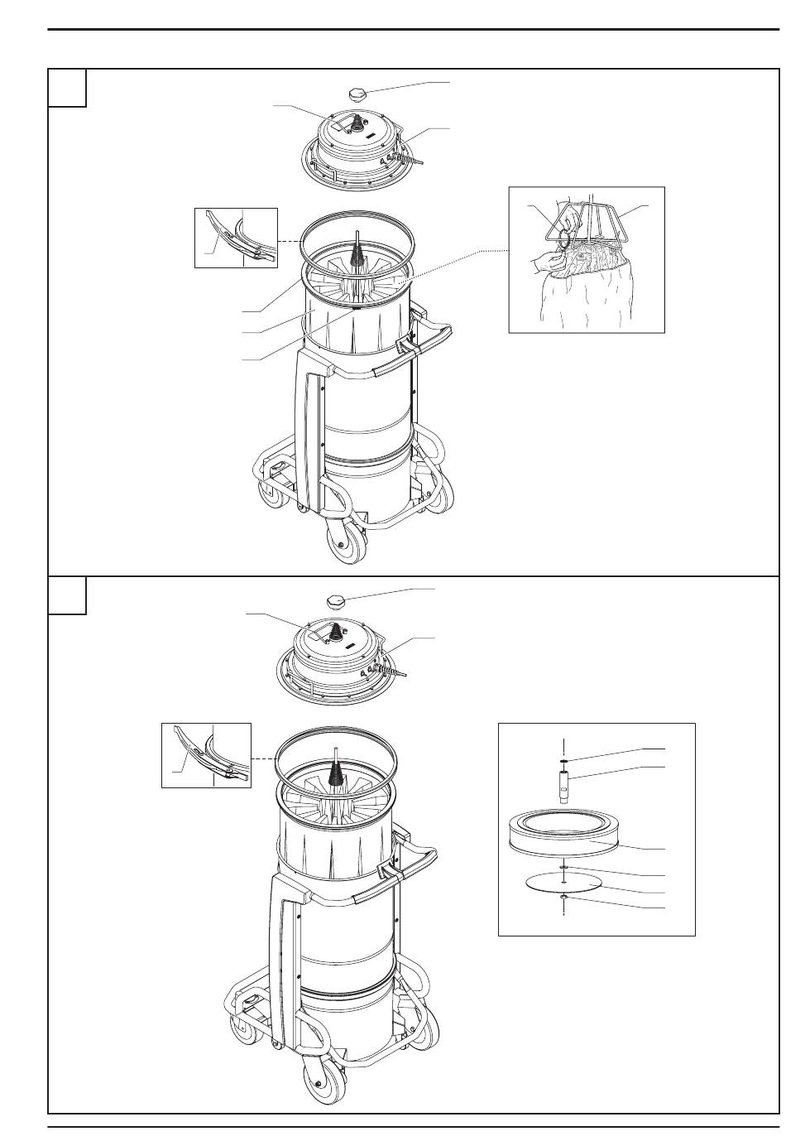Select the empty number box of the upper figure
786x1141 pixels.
(x=67, y=88)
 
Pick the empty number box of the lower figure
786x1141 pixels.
(x=67, y=595)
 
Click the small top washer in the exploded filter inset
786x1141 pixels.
(x=563, y=759)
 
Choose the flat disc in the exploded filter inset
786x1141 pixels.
(x=563, y=883)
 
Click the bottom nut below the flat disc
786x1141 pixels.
(x=563, y=898)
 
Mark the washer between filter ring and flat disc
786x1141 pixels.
(x=563, y=867)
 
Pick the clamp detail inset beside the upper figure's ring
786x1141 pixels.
(x=236, y=238)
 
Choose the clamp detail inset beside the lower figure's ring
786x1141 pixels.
(x=205, y=754)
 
